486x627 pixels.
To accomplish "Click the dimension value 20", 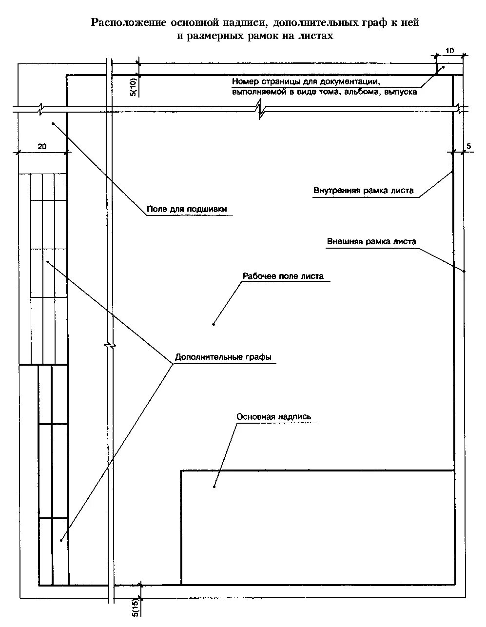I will [42, 146].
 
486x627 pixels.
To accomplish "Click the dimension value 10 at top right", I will [449, 50].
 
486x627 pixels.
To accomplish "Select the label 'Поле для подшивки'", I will [187, 210].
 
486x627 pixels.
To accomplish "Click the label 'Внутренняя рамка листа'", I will [364, 191].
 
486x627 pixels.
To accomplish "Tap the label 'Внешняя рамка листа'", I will [371, 241].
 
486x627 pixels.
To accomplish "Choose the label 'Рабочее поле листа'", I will [283, 276].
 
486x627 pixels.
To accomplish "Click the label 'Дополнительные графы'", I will [223, 357].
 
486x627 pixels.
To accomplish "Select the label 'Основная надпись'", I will [273, 417].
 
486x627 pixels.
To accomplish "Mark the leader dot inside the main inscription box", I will [214, 486].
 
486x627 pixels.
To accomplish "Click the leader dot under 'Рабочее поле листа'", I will [214, 324].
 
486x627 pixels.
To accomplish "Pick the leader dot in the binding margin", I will [52, 124].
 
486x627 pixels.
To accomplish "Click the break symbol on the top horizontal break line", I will [261, 109].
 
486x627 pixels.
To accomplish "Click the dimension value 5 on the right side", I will [469, 146].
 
